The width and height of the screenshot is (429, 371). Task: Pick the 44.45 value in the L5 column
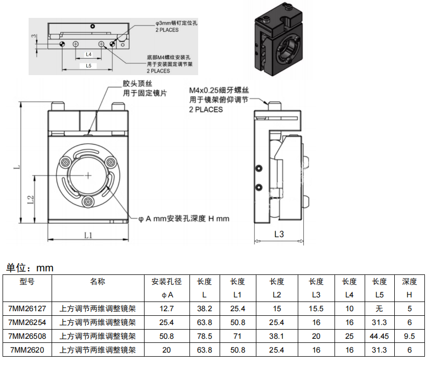[379, 336]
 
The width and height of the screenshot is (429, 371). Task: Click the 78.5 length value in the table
[204, 336]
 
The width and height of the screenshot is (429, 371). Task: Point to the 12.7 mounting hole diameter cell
[167, 309]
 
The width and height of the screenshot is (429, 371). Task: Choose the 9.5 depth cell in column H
[410, 336]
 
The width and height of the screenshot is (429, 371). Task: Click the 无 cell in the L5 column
[379, 309]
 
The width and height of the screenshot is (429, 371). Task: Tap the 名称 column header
[98, 282]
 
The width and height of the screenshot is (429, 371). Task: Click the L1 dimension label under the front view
[88, 235]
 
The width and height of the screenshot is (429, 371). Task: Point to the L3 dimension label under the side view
[279, 235]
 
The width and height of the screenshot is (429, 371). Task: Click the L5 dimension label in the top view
[88, 66]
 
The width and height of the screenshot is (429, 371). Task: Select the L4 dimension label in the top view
[88, 54]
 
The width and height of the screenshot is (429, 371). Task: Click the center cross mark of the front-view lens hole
[88, 176]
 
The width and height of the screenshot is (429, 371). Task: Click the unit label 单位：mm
[30, 268]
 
